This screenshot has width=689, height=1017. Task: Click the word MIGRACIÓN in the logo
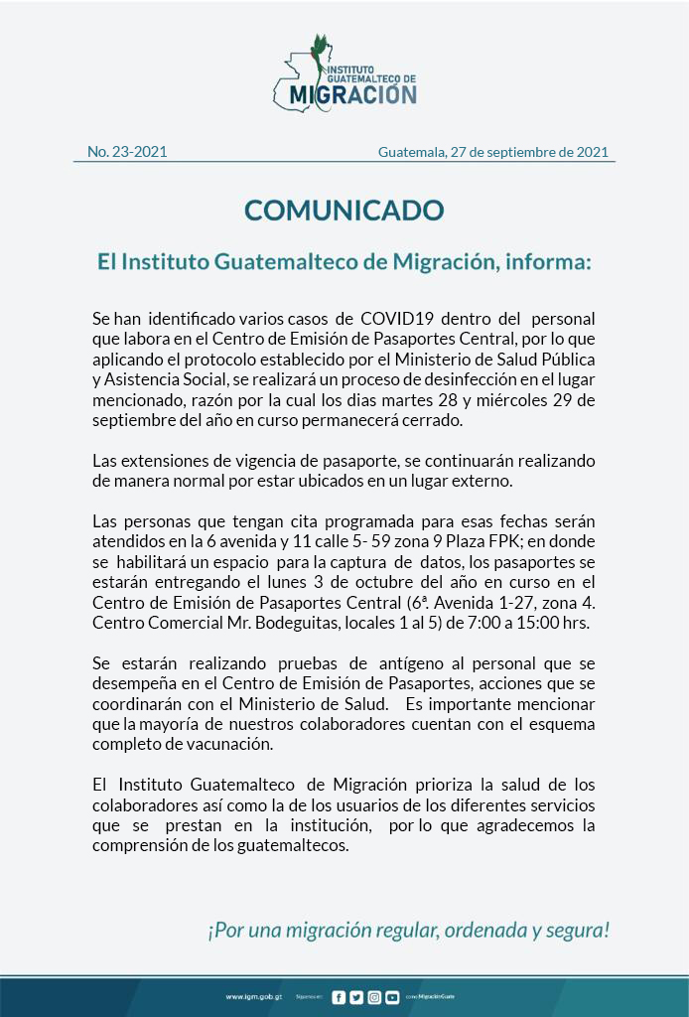click(x=353, y=94)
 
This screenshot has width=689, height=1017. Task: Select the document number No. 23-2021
click(x=127, y=152)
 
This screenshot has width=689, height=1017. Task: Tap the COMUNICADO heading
click(x=344, y=211)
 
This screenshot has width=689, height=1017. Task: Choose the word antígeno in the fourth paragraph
click(x=363, y=662)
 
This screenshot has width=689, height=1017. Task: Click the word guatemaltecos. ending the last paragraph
click(x=300, y=845)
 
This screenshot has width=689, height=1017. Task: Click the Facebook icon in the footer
click(x=340, y=996)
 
